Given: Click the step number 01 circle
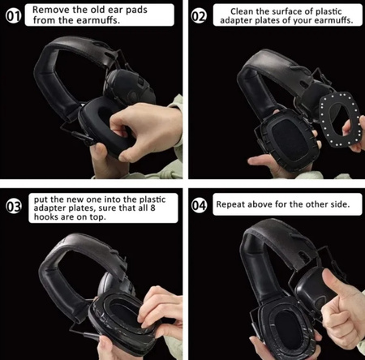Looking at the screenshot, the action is (x=13, y=16).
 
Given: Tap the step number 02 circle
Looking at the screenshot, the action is (x=199, y=16).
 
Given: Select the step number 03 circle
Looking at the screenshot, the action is (x=14, y=207).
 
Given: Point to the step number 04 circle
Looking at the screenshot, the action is (x=200, y=206).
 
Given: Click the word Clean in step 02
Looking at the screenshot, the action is (x=242, y=11).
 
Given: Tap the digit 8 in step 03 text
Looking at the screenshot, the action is (x=153, y=208).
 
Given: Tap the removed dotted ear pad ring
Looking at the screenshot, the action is (x=340, y=120).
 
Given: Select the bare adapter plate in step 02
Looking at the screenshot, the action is (x=289, y=139).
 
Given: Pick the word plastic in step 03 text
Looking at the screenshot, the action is (x=152, y=199).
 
